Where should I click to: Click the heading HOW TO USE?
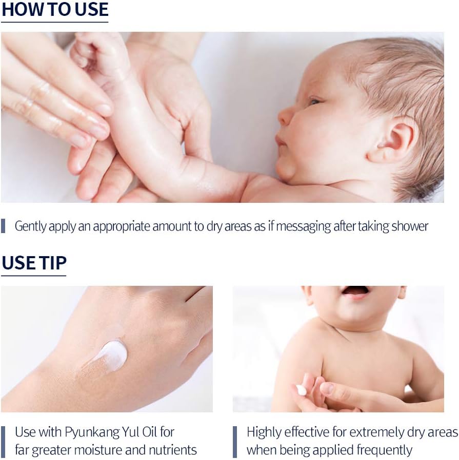tap(55, 9)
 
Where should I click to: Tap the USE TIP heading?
tap(34, 263)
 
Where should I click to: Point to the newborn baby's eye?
tap(315, 101)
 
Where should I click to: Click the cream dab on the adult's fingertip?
tap(301, 390)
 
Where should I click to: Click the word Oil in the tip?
tap(150, 432)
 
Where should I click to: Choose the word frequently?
tap(384, 450)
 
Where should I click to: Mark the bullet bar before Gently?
tap(3, 225)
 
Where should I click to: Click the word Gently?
tap(31, 227)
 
